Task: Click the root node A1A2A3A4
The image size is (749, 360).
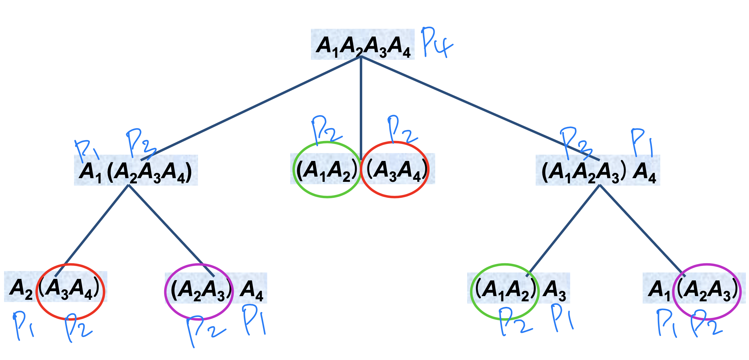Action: point(362,45)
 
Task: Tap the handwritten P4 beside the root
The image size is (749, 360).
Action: point(436,43)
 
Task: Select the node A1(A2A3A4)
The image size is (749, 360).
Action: point(136,171)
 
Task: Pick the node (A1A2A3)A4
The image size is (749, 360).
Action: point(598,171)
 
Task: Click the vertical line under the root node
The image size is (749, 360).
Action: point(361,104)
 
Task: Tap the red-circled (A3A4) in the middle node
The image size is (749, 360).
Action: point(395,170)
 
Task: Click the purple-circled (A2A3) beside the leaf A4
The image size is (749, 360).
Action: point(199,290)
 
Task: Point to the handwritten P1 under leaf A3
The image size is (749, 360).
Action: point(562,318)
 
